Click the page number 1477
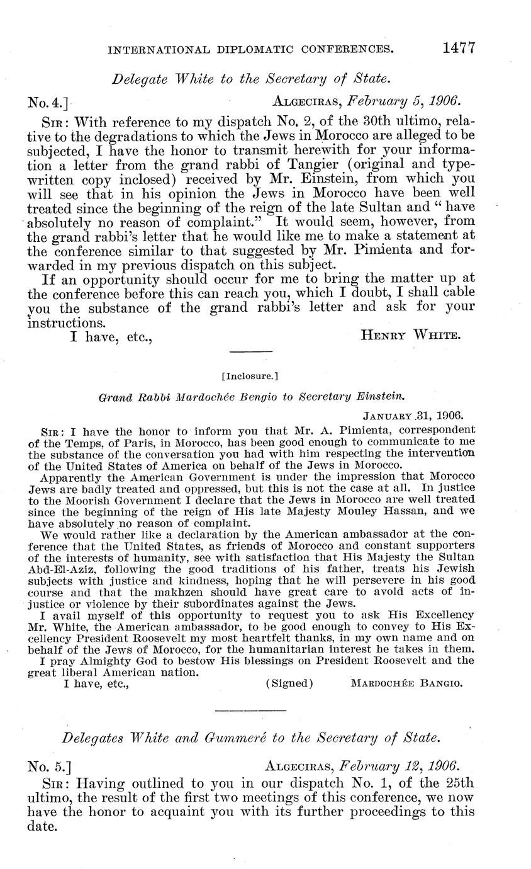pyautogui.click(x=457, y=48)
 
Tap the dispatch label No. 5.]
pyautogui.click(x=49, y=766)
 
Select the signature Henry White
pyautogui.click(x=411, y=336)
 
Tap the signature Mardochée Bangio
pyautogui.click(x=406, y=683)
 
